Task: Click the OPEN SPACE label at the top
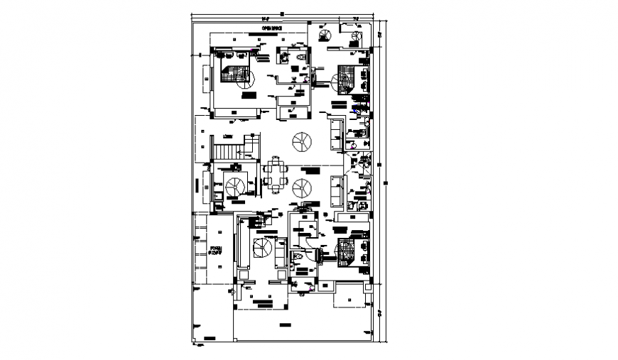pyautogui.click(x=273, y=28)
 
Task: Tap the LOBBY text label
pyautogui.click(x=228, y=137)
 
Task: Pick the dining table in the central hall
pyautogui.click(x=275, y=175)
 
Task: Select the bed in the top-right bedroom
pyautogui.click(x=346, y=77)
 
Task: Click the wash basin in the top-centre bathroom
pyautogui.click(x=285, y=56)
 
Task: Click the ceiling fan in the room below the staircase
pyautogui.click(x=234, y=185)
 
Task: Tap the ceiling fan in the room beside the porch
pyautogui.click(x=262, y=249)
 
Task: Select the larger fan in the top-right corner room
pyautogui.click(x=324, y=36)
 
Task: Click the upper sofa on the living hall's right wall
pyautogui.click(x=336, y=132)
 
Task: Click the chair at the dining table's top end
pyautogui.click(x=275, y=160)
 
